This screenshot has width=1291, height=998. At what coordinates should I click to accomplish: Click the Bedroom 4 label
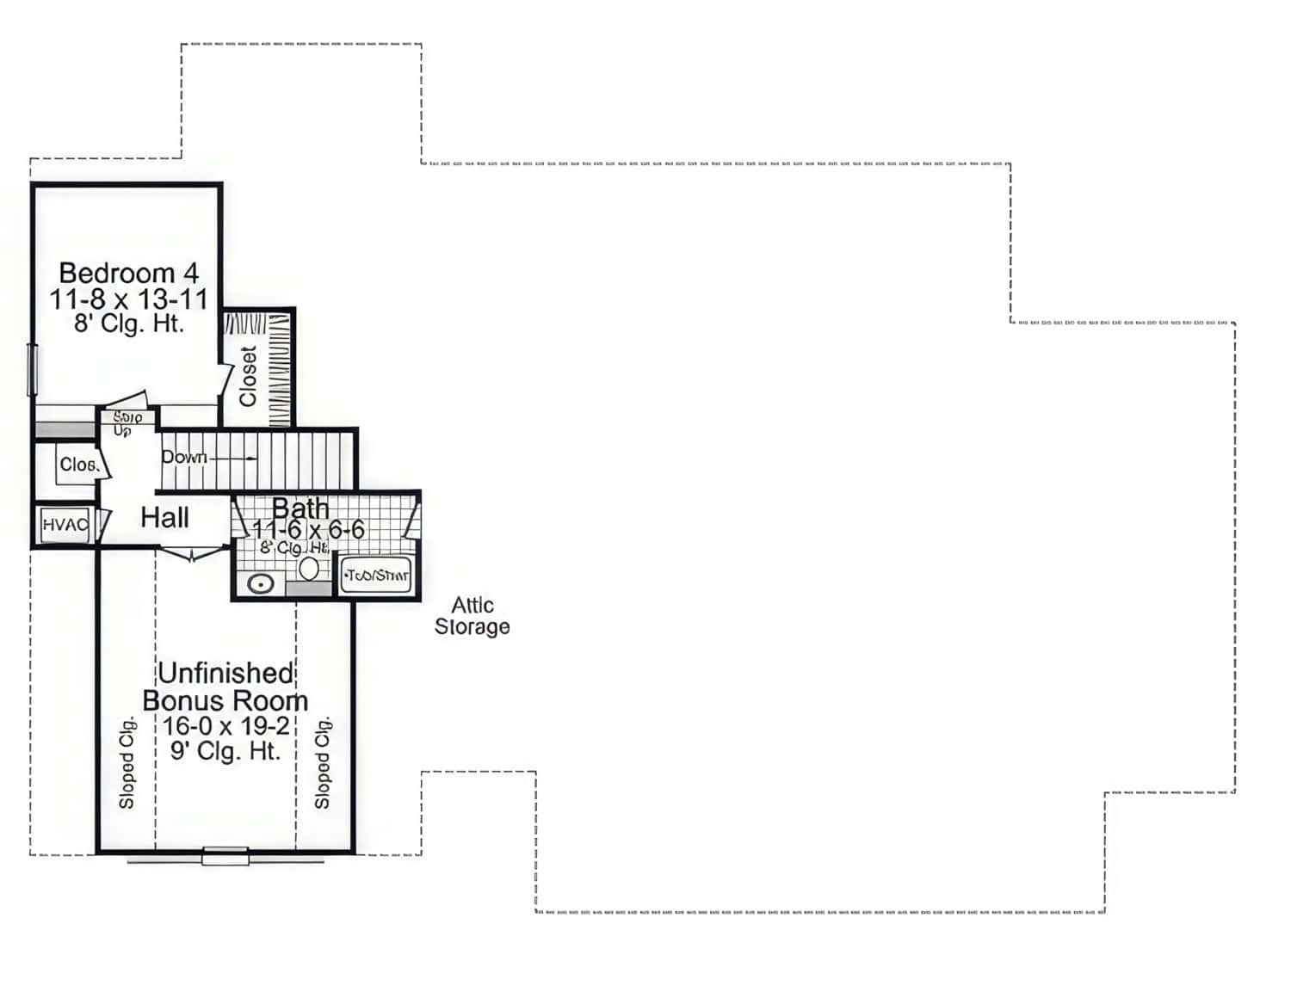point(129,274)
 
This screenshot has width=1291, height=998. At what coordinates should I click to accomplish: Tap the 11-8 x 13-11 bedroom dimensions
point(129,299)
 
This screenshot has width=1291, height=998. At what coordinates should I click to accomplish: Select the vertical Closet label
point(249,376)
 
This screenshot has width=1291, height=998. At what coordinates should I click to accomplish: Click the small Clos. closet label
point(78,465)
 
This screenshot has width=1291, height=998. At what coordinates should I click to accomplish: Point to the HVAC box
point(65,524)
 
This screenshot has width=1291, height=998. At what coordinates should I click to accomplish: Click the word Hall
point(164,518)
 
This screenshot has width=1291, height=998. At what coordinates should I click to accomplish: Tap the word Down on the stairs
point(184,457)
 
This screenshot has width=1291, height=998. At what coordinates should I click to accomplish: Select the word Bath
point(300,508)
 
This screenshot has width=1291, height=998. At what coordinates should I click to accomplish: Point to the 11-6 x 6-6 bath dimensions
point(308,529)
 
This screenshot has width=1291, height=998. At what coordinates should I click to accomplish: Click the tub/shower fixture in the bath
point(376,575)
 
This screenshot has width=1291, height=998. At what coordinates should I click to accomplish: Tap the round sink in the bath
point(261,584)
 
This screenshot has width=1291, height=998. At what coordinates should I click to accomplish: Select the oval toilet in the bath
point(309,569)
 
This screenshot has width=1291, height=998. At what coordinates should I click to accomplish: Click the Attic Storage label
point(472,616)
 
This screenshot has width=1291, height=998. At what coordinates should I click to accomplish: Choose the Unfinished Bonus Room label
point(225,687)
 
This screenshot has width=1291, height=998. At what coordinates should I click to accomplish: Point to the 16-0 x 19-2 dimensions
point(225,726)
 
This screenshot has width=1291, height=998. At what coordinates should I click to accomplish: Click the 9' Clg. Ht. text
point(225,751)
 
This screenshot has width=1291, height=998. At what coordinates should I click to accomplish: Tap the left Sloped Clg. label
point(127,762)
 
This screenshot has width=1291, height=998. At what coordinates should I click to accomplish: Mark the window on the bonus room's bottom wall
point(225,856)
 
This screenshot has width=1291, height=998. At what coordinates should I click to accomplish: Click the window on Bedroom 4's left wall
point(33,370)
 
